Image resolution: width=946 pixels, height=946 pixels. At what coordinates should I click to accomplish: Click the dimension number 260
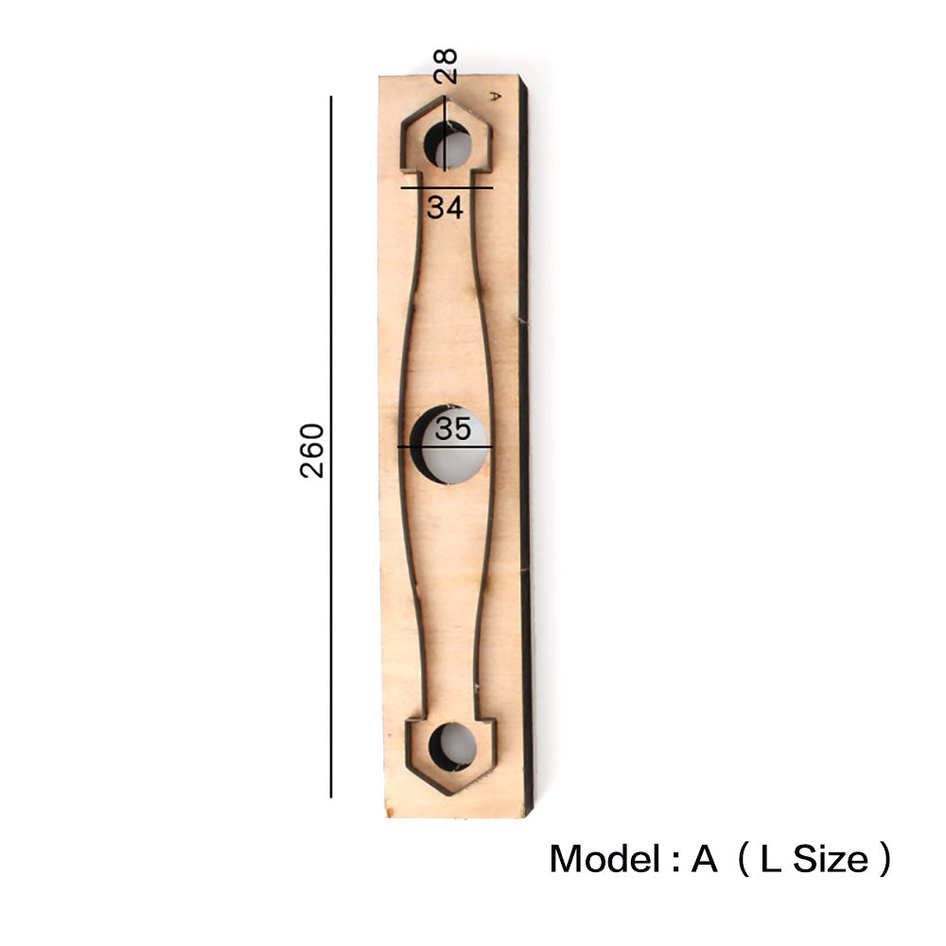(x=312, y=450)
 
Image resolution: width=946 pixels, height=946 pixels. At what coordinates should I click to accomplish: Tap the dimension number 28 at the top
(x=446, y=66)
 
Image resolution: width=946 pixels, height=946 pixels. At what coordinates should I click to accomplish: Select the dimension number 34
(x=446, y=207)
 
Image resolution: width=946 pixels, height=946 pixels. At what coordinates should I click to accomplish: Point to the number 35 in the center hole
(x=452, y=429)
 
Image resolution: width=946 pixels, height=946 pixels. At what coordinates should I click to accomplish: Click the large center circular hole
(x=448, y=445)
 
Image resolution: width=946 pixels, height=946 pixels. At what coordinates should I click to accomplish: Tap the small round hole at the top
(x=448, y=146)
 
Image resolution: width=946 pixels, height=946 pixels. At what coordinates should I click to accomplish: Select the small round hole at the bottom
(x=452, y=747)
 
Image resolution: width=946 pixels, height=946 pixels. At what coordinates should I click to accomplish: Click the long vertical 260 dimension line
(x=330, y=447)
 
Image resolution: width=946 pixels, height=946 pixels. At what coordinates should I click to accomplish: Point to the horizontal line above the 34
(x=447, y=187)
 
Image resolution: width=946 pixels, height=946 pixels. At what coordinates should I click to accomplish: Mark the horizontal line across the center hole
(x=446, y=447)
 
